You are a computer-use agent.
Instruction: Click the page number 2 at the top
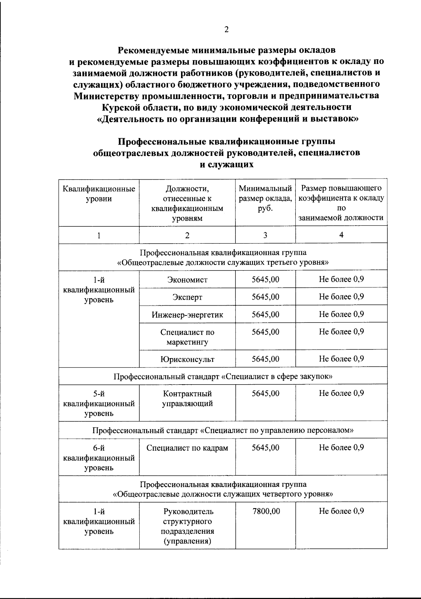pyautogui.click(x=226, y=30)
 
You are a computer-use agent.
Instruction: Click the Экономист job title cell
pyautogui.click(x=187, y=280)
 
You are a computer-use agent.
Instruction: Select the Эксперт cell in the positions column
pyautogui.click(x=187, y=297)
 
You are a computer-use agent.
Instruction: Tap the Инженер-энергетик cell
pyautogui.click(x=187, y=315)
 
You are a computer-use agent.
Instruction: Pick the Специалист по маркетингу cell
pyautogui.click(x=187, y=337)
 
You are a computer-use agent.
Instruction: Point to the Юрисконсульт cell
pyautogui.click(x=187, y=359)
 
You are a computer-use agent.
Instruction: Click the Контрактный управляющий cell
pyautogui.click(x=187, y=399)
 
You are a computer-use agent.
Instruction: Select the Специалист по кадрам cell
pyautogui.click(x=187, y=448)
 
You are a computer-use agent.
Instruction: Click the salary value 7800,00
pyautogui.click(x=266, y=511)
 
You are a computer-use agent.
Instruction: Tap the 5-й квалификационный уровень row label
pyautogui.click(x=99, y=404)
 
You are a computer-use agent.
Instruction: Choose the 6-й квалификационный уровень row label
pyautogui.click(x=99, y=458)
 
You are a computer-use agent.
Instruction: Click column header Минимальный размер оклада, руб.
pyautogui.click(x=265, y=199)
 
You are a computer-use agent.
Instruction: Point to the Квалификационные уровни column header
pyautogui.click(x=99, y=194)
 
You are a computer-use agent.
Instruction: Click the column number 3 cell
pyautogui.click(x=265, y=235)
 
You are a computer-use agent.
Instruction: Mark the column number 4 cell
pyautogui.click(x=341, y=235)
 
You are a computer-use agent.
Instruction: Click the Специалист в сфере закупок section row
pyautogui.click(x=223, y=377)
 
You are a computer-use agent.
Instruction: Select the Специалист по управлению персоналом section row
pyautogui.click(x=223, y=430)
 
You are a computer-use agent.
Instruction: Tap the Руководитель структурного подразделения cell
pyautogui.click(x=187, y=526)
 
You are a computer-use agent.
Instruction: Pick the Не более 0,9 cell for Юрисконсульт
pyautogui.click(x=341, y=359)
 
